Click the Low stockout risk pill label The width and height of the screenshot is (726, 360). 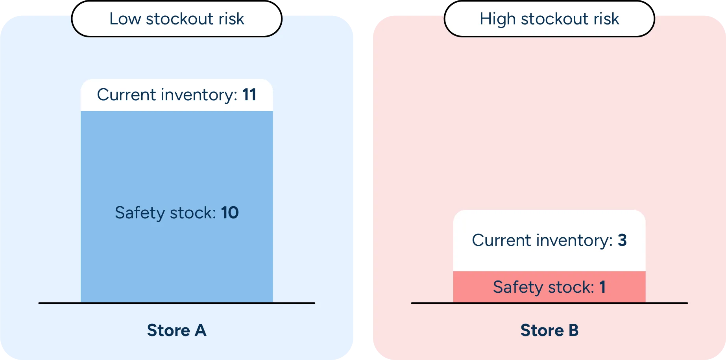177,19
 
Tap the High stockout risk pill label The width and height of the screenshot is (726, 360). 549,19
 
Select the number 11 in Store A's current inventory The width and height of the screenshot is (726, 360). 249,95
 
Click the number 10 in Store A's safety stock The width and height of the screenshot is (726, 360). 230,213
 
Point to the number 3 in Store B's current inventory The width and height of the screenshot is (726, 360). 622,240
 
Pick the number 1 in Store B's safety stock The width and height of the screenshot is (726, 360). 602,287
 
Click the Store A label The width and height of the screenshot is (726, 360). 177,330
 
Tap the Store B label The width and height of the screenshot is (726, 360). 549,330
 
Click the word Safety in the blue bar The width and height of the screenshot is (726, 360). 140,213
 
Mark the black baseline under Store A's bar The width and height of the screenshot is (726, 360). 177,303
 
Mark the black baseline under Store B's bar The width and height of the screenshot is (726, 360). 549,303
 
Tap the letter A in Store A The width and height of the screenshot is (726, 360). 200,330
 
